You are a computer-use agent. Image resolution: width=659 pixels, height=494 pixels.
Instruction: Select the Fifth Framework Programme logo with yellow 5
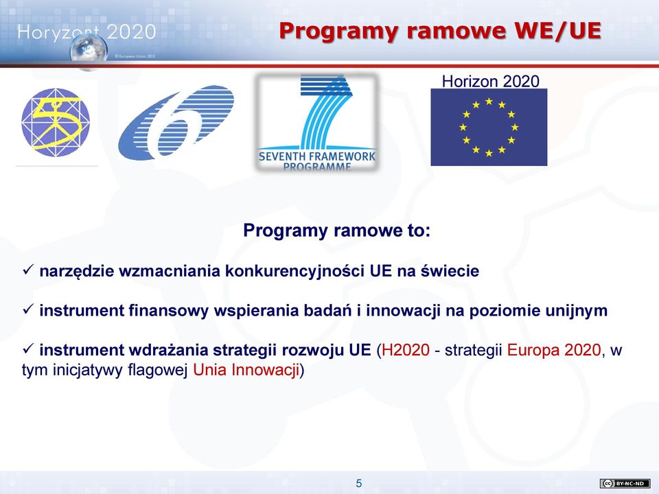56,122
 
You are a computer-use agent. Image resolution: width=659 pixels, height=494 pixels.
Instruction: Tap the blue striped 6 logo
176,122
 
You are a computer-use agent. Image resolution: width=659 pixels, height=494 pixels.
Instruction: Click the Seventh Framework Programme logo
317,122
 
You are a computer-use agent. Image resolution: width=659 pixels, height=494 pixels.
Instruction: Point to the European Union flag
489,127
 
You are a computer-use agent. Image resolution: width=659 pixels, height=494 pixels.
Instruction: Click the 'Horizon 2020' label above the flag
490,81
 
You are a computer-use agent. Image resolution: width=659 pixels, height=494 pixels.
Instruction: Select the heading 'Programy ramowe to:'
336,231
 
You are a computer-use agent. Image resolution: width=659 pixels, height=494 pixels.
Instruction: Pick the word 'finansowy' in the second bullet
169,310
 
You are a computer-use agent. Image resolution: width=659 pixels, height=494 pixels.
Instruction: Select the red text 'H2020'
406,350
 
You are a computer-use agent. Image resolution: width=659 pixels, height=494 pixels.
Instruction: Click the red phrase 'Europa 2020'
554,350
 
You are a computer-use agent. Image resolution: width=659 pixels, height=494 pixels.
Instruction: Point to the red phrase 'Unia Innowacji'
246,370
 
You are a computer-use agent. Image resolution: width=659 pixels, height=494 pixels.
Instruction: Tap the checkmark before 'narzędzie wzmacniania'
27,270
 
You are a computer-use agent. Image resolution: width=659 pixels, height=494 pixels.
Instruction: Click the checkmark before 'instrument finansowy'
27,309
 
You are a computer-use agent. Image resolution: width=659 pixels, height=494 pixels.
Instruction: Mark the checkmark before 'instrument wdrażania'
27,349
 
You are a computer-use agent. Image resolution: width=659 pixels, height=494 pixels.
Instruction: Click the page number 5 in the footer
358,484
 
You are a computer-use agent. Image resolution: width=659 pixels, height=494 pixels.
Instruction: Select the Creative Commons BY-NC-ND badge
625,484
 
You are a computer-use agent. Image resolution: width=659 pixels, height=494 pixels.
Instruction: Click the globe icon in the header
89,51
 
